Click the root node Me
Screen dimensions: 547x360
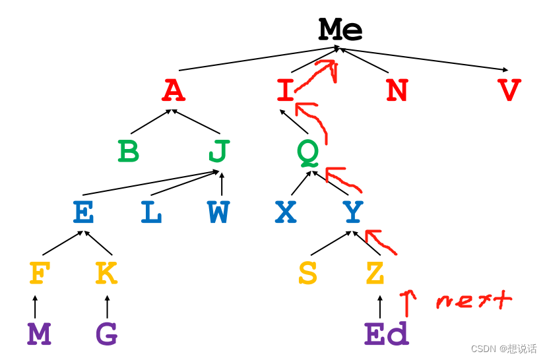coord(340,30)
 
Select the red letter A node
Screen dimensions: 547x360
coord(174,90)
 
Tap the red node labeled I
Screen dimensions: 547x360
coord(285,90)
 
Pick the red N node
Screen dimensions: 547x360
coord(397,90)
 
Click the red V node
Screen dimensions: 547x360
coord(509,90)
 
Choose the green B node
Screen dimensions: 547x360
coord(129,151)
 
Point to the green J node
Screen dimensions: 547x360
coord(218,151)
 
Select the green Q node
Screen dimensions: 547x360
coord(307,152)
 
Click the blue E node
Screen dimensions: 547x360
coord(83,212)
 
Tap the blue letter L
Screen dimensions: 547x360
coord(151,212)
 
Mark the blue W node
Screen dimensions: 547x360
coord(218,212)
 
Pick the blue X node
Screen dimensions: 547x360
coord(285,212)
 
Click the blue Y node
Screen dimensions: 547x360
coord(353,212)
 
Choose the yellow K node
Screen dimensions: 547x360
coord(106,274)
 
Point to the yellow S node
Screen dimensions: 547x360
coord(307,274)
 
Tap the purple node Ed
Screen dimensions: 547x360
coord(386,334)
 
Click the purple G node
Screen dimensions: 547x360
coord(106,334)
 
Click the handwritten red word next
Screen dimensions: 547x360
coord(474,301)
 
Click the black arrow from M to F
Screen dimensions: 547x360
coord(35,306)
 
